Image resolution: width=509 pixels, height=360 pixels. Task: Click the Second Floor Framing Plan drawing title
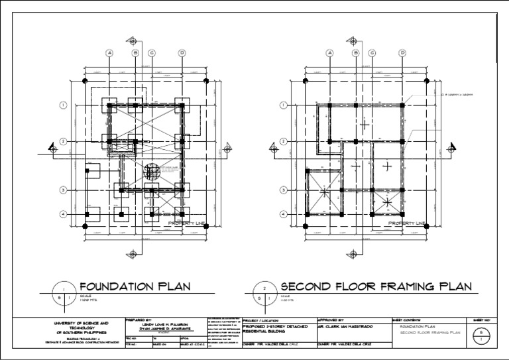tap(376, 287)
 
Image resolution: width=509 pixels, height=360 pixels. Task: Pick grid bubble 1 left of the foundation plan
tap(63, 105)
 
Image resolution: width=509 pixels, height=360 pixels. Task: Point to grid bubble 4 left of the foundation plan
tap(63, 214)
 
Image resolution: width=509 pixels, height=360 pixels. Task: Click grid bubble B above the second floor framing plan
tap(356, 52)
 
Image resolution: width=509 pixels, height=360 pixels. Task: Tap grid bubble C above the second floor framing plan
tap(372, 52)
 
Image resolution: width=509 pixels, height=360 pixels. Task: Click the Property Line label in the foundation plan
tap(186, 224)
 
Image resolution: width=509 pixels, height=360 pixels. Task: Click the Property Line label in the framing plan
tap(406, 224)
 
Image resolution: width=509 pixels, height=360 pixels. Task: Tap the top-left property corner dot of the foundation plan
tap(85, 81)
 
